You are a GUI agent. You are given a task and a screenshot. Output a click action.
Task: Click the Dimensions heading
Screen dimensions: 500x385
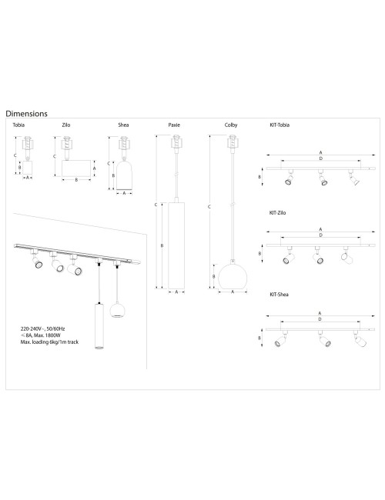(x=26, y=113)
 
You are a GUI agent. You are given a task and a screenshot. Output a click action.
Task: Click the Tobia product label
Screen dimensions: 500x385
(x=18, y=124)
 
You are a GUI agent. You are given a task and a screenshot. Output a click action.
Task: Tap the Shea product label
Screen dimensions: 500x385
(x=123, y=124)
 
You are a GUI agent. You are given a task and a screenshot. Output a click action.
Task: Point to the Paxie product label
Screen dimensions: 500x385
(x=175, y=124)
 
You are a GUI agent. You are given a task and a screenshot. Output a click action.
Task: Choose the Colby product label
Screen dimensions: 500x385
(x=231, y=124)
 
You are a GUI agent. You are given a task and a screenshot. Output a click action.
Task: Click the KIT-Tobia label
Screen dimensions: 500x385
(x=280, y=124)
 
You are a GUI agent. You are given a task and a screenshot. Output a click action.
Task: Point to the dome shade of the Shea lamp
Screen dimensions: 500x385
(x=123, y=175)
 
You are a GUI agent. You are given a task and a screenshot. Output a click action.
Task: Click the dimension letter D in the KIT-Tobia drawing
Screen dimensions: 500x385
(x=320, y=159)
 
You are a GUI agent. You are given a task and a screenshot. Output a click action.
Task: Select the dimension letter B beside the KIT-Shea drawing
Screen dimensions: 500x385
(x=260, y=337)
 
